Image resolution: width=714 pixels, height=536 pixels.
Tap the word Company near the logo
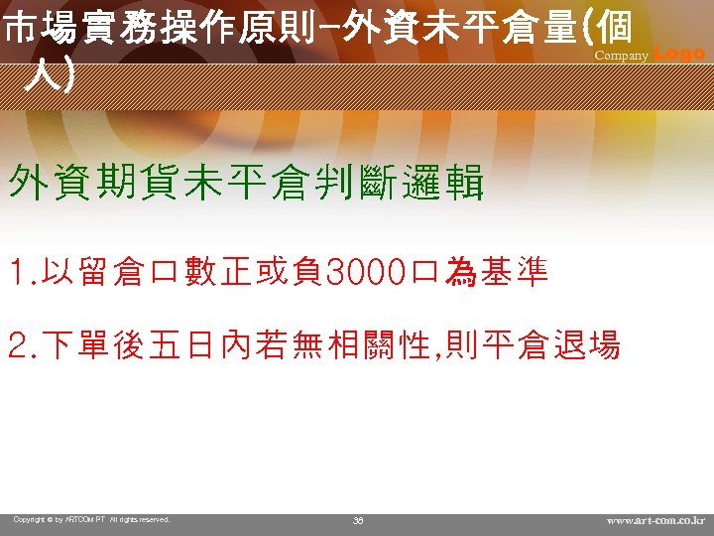click(x=621, y=57)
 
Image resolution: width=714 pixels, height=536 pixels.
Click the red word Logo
click(x=680, y=54)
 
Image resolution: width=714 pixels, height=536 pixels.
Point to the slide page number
click(x=358, y=519)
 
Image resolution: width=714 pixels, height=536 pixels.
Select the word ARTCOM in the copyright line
click(x=84, y=519)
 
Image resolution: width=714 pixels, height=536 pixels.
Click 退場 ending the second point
click(x=589, y=345)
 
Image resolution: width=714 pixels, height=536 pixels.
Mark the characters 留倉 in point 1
click(x=108, y=272)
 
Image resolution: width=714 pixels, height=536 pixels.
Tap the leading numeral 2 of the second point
click(x=17, y=345)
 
